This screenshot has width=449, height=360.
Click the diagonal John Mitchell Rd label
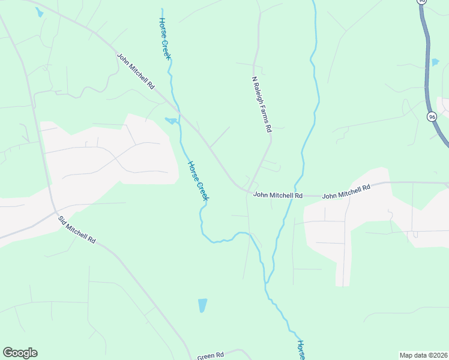coord(136,72)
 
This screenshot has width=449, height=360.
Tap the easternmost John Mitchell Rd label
coord(346,192)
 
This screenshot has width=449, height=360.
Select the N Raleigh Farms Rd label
coord(262,104)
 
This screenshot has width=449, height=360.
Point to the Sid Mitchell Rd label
coord(77,230)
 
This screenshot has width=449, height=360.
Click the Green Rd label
coord(211,356)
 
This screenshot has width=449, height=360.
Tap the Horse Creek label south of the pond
coord(197,181)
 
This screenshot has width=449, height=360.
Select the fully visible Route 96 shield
coord(432,116)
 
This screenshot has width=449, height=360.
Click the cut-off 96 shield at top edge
coord(423,2)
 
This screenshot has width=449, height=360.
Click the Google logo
coord(20,353)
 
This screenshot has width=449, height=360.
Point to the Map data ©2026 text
coord(424,355)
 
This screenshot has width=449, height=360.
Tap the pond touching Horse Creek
coord(172,121)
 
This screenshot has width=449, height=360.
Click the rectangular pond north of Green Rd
coord(202,305)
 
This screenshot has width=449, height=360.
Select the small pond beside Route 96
coord(435,62)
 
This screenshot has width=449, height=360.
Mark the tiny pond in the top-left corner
coord(39,12)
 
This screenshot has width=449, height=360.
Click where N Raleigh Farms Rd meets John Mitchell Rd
coord(250,191)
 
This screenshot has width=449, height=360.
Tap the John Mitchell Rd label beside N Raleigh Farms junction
coord(278,195)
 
